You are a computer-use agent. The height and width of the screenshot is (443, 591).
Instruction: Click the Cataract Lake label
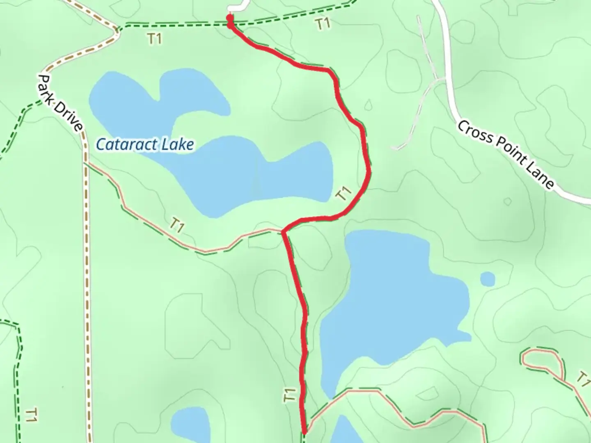(144, 144)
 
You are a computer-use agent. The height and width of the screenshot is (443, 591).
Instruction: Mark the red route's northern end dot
(229, 18)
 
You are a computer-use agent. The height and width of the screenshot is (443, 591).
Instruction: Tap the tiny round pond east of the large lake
(487, 279)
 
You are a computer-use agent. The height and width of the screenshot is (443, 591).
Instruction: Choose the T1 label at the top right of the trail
(323, 24)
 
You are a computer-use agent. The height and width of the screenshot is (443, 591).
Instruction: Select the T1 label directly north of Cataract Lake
(154, 39)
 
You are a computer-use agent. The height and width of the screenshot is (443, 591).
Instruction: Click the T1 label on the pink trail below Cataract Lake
(176, 225)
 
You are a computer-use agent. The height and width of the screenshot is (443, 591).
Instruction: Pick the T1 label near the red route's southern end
(290, 395)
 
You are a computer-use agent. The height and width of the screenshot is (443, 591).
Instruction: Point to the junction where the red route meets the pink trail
(283, 233)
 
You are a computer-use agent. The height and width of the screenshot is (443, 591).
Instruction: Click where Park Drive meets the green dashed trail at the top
(118, 30)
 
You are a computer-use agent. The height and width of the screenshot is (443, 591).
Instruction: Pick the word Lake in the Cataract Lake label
(177, 144)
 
